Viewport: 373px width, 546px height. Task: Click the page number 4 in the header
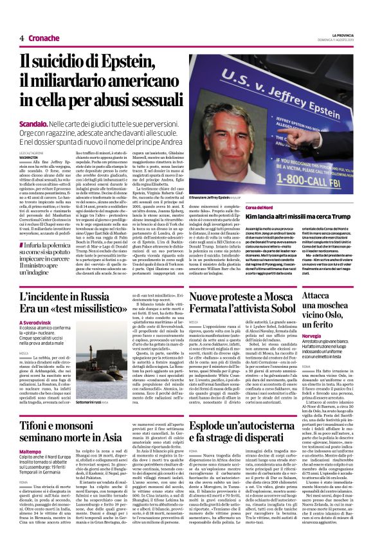(x=21, y=39)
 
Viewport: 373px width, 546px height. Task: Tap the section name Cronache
(x=44, y=39)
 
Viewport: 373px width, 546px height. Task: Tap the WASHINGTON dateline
(x=29, y=156)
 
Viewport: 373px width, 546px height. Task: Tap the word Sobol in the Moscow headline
(x=267, y=311)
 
